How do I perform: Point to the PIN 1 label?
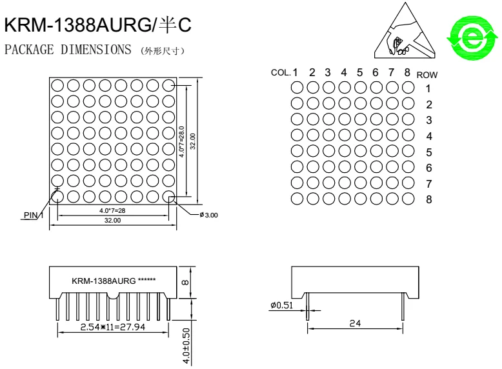[x=32, y=215]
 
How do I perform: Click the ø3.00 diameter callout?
[x=209, y=215]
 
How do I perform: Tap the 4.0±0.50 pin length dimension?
[x=186, y=345]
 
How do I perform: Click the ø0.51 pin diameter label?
[x=283, y=305]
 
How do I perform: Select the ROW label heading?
[x=427, y=75]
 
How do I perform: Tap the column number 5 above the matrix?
[x=359, y=72]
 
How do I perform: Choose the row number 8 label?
[x=428, y=199]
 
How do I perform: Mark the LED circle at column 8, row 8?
[x=408, y=199]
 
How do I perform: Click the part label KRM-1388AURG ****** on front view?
[x=114, y=281]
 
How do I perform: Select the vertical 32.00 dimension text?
[x=192, y=140]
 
